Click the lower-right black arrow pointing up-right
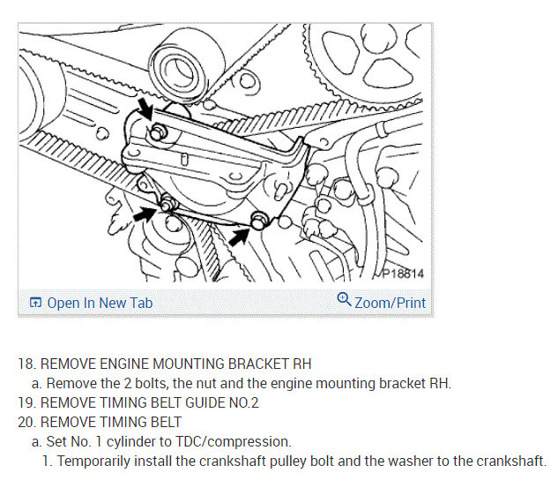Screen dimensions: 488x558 237,233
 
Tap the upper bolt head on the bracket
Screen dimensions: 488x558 158,132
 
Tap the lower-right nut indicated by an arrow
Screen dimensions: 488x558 258,220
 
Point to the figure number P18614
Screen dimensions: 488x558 403,274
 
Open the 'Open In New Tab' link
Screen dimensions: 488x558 100,303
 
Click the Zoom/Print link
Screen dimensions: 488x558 390,303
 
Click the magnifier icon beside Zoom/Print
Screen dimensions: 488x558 345,301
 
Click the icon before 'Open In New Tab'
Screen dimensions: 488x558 35,303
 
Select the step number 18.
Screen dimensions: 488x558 26,364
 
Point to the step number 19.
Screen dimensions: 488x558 26,402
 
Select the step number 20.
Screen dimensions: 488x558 26,422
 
